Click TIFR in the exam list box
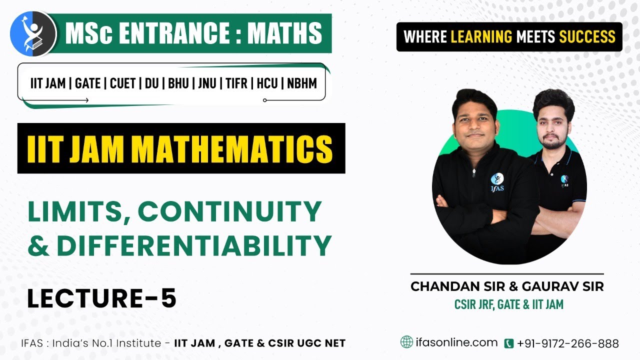pos(236,83)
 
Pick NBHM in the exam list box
pos(302,83)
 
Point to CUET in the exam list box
pos(122,83)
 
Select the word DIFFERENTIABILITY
pos(194,245)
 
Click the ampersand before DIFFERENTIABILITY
pos(39,245)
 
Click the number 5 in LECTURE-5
pos(168,298)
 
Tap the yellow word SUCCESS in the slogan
pos(587,36)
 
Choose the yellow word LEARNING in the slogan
pos(481,36)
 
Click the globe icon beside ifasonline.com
pos(406,342)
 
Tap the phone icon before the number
pos(508,343)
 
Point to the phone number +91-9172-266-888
pos(568,343)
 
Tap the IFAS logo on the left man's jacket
pos(496,180)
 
